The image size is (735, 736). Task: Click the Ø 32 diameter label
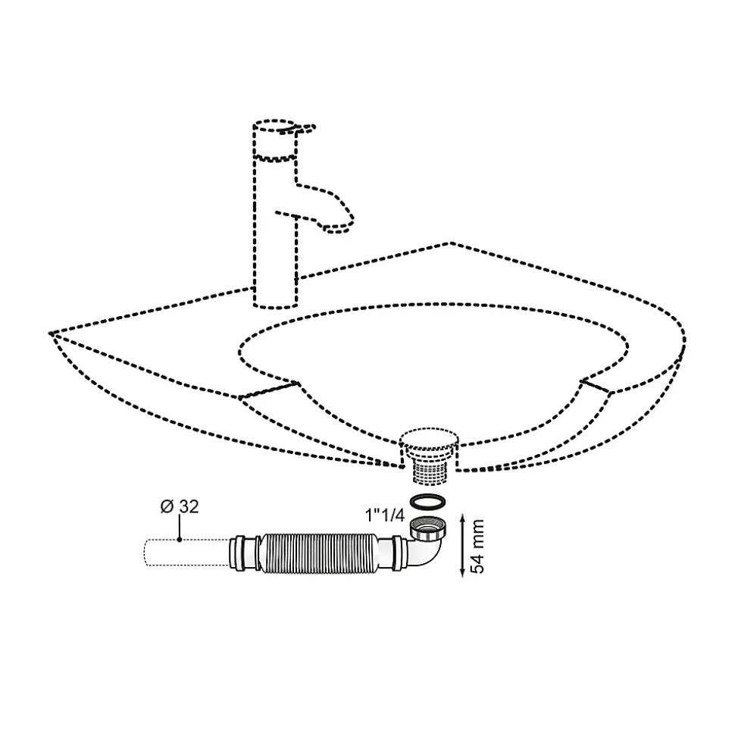(x=180, y=506)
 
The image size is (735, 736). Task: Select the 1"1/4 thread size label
(x=384, y=515)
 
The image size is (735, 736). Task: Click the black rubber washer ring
(x=427, y=502)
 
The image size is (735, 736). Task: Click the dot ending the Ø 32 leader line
(x=180, y=540)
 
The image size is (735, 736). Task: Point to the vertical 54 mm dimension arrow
(x=461, y=547)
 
